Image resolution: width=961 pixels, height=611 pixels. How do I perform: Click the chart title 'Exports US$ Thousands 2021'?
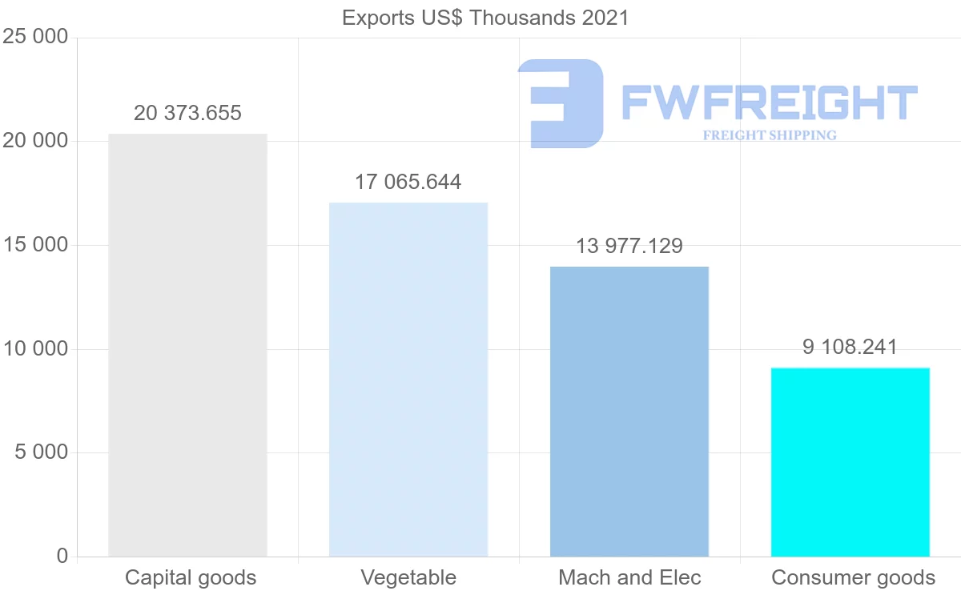point(485,18)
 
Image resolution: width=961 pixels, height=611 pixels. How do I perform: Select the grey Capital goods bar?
point(187,345)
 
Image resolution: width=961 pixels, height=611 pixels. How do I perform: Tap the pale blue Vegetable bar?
point(408,380)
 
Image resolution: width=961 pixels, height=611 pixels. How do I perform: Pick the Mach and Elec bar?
point(629,412)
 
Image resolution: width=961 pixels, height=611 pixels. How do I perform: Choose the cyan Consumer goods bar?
point(850,462)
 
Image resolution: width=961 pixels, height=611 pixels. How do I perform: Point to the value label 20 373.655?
point(187,114)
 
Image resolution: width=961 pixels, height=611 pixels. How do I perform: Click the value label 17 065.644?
point(408,183)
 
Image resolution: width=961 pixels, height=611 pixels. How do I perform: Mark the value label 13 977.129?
point(629,246)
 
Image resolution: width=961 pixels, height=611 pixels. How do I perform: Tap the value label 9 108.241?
point(850,348)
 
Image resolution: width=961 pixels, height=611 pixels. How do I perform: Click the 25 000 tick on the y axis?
point(35,38)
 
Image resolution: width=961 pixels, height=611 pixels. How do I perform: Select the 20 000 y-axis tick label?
point(35,142)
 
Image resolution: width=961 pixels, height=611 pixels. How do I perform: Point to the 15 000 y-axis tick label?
point(35,245)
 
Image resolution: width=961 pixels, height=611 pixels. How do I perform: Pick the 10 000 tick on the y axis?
point(35,349)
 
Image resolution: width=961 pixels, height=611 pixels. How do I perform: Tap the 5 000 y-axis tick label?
point(41,452)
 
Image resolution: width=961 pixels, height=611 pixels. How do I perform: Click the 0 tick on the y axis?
point(62,557)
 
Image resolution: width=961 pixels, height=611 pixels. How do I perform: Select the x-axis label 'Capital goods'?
point(191,577)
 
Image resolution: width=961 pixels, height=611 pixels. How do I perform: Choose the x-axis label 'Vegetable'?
point(408,577)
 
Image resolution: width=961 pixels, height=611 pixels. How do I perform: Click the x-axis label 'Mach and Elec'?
point(629,577)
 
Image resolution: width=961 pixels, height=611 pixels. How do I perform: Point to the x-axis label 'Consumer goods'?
point(853,577)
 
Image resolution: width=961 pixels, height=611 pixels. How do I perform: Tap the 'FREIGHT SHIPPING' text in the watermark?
point(770,135)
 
